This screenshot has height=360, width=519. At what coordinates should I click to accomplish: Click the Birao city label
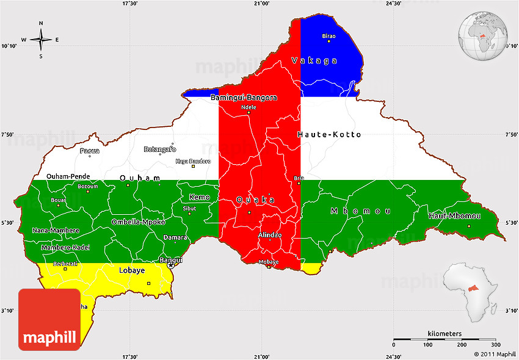click(328, 36)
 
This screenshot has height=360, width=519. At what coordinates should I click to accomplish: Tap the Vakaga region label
click(314, 60)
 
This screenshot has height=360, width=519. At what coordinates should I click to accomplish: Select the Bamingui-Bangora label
click(244, 98)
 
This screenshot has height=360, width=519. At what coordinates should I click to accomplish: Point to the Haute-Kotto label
click(329, 134)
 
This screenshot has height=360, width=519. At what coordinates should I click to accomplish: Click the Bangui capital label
click(170, 260)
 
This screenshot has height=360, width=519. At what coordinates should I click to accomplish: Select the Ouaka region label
click(255, 200)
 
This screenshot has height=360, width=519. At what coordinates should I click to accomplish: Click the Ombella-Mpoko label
click(138, 222)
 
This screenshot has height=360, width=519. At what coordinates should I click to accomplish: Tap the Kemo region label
click(199, 197)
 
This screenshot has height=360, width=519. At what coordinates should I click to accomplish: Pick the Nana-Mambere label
click(56, 230)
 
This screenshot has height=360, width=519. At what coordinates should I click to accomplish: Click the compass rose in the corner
click(41, 40)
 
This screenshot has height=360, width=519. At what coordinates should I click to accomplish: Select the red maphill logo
click(49, 320)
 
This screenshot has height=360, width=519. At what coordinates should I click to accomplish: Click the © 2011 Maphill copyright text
click(495, 355)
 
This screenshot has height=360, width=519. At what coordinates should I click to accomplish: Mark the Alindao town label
click(269, 235)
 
